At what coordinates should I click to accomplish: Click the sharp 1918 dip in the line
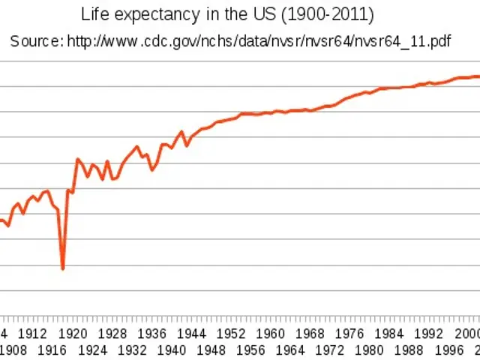pyautogui.click(x=63, y=268)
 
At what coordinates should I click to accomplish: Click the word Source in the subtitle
pyautogui.click(x=34, y=40)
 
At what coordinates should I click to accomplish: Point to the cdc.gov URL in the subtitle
pyautogui.click(x=259, y=40)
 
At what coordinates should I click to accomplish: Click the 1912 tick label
pyautogui.click(x=33, y=334)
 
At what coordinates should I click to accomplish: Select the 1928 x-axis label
pyautogui.click(x=112, y=334)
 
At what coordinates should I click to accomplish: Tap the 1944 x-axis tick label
pyautogui.click(x=192, y=334)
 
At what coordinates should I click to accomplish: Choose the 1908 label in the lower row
pyautogui.click(x=13, y=349)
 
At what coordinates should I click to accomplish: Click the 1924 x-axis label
pyautogui.click(x=92, y=349)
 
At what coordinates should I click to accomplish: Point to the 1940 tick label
pyautogui.click(x=172, y=349)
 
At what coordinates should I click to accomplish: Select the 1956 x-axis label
pyautogui.click(x=251, y=349)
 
